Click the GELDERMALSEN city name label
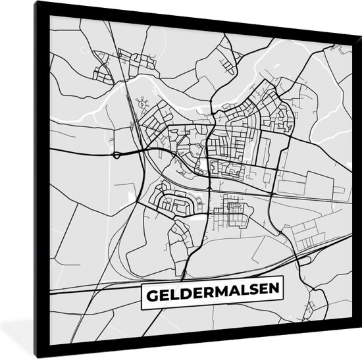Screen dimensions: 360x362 [209, 291]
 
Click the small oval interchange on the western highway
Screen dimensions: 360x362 [117, 155]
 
